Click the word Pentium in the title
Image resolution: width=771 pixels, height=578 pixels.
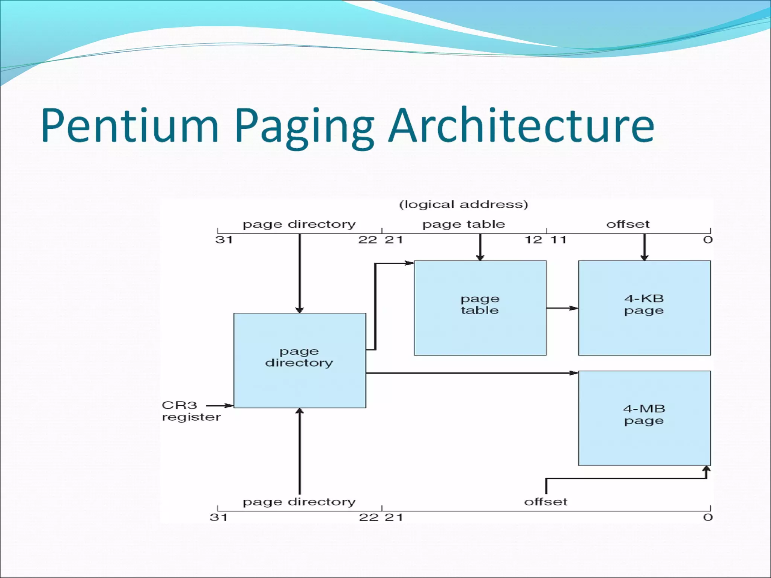tap(130, 126)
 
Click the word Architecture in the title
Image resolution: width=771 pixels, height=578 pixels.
tap(521, 126)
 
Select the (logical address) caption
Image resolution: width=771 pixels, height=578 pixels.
tap(463, 204)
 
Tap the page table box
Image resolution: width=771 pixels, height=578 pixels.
tap(480, 308)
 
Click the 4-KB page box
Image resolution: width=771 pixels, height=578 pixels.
tap(644, 308)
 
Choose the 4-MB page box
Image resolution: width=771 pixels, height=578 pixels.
tap(644, 418)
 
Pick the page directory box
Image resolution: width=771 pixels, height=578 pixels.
tap(299, 360)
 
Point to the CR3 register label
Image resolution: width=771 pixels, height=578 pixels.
tap(190, 411)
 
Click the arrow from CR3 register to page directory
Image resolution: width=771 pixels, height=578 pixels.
tap(220, 406)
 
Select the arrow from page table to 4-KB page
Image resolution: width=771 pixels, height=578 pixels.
tap(562, 308)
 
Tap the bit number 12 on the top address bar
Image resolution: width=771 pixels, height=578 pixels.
tap(533, 240)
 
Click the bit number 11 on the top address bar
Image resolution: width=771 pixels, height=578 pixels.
tap(559, 240)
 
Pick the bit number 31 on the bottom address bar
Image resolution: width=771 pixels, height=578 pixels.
tap(218, 517)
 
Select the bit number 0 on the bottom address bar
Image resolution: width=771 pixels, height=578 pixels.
tap(707, 517)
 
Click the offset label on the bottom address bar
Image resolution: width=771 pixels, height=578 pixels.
tap(545, 502)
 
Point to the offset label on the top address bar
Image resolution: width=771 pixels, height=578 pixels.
tap(628, 224)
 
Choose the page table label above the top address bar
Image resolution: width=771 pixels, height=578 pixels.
tap(463, 224)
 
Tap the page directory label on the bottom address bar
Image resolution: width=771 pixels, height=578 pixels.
tap(299, 502)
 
